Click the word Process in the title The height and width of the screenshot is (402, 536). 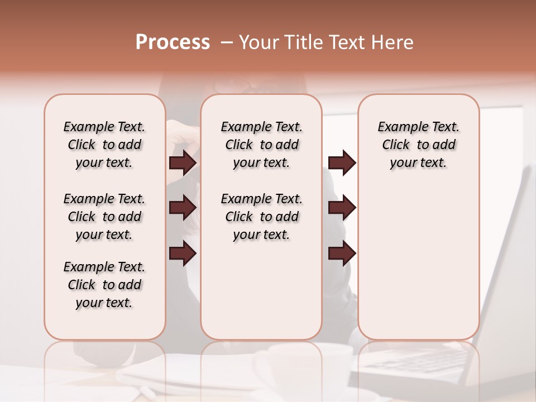click(173, 42)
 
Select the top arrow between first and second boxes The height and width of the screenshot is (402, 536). click(183, 163)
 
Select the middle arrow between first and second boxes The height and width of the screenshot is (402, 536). click(183, 208)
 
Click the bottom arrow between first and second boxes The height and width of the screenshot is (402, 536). click(183, 253)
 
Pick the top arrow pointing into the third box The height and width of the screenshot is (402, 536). click(342, 163)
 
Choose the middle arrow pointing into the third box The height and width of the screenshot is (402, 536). click(342, 208)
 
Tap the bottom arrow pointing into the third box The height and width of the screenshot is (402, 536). click(342, 253)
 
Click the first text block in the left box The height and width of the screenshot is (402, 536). click(104, 145)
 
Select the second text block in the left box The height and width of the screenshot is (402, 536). click(104, 217)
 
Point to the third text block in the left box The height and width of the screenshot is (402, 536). click(104, 285)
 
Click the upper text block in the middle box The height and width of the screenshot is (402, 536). click(261, 145)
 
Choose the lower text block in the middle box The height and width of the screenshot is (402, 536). click(261, 217)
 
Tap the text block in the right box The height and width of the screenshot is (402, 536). click(419, 145)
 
